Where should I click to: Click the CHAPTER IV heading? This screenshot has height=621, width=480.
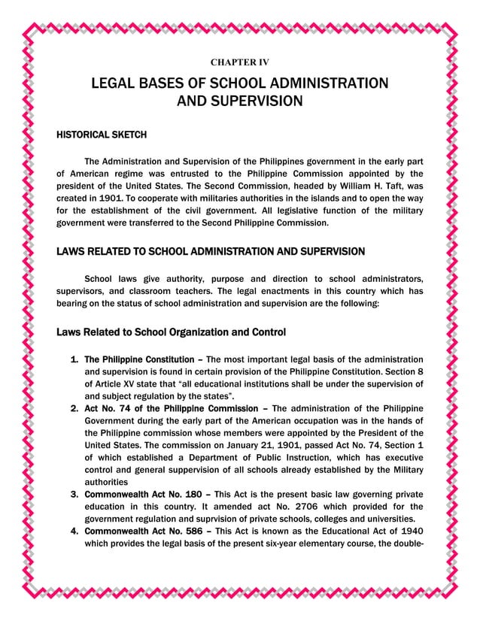coord(239,61)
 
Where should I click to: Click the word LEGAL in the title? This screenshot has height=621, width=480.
coord(116,83)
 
